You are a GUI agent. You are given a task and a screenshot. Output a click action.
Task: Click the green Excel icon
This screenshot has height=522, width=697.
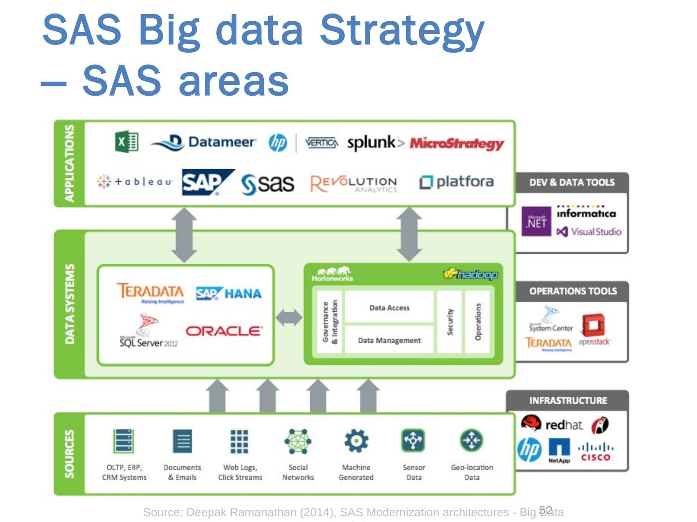127,142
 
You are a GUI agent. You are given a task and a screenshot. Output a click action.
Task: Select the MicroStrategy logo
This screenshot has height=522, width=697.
456,143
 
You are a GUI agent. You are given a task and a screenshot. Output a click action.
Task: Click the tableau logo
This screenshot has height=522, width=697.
135,182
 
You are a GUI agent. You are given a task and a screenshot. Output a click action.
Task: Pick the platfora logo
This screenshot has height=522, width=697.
456,182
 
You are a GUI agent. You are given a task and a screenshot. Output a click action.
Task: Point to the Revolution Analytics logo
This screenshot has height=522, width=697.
354,184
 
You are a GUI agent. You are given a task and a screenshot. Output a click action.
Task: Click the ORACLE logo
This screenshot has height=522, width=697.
224,331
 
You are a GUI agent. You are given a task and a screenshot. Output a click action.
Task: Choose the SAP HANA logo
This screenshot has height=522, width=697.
228,293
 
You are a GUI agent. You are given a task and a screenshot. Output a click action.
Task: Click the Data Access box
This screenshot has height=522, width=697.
389,307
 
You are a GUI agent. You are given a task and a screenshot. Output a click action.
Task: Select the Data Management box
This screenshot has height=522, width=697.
389,340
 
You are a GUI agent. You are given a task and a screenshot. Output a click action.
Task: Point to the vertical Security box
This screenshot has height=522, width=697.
450,321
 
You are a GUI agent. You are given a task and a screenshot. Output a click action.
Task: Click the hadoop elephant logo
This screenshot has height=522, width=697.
470,275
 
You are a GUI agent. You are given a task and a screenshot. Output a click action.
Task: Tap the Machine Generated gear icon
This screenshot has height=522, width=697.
356,441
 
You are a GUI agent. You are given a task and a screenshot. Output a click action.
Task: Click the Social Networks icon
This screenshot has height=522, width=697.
298,441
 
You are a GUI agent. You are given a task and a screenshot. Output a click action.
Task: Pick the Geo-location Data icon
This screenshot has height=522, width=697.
471,440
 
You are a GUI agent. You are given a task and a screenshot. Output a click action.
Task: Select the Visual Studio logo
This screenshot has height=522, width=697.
589,232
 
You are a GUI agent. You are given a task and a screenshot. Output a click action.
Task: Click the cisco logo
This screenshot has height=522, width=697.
596,452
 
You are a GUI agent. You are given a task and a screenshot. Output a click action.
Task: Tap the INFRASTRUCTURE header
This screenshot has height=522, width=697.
568,401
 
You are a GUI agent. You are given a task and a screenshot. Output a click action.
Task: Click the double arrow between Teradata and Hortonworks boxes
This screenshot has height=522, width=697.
289,318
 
